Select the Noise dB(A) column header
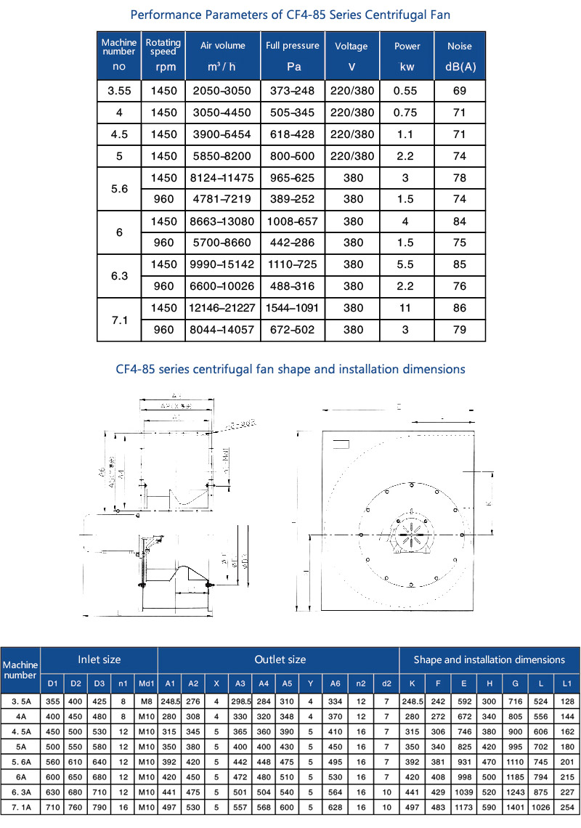coord(460,56)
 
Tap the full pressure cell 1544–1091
coord(292,308)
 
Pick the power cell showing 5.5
coord(407,264)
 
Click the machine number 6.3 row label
coord(118,275)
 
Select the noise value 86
coord(460,308)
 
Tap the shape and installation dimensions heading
coord(290,369)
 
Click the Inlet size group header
coord(99,659)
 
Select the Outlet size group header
coord(280,659)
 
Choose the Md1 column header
coord(146,683)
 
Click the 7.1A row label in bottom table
coord(20,807)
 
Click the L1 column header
coord(567,683)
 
